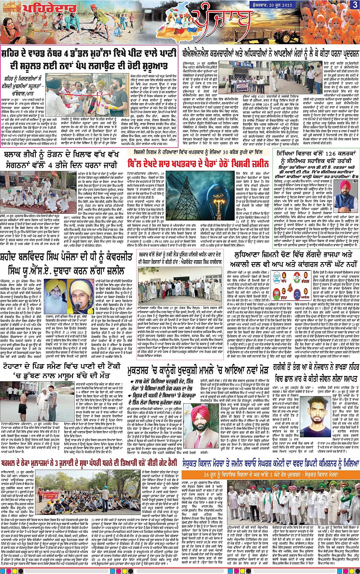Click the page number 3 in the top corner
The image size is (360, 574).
click(x=355, y=5)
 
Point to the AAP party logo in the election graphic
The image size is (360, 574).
click(x=277, y=277)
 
